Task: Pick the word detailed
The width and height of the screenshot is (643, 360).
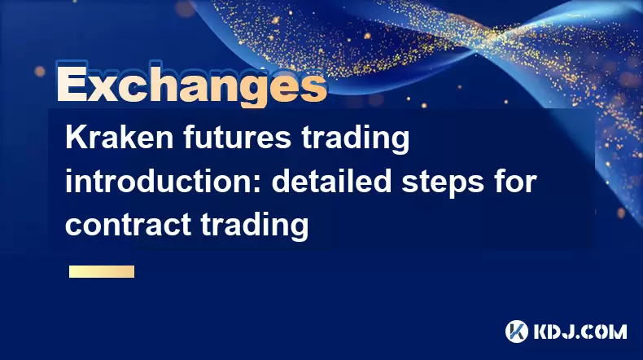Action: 332,182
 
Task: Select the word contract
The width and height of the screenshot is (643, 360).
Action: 128,226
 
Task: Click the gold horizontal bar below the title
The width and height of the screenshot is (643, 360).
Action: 102,271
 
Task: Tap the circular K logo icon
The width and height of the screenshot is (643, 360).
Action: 517,331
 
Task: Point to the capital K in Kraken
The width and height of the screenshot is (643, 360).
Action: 76,138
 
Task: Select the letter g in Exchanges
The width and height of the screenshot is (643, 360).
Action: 256,92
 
